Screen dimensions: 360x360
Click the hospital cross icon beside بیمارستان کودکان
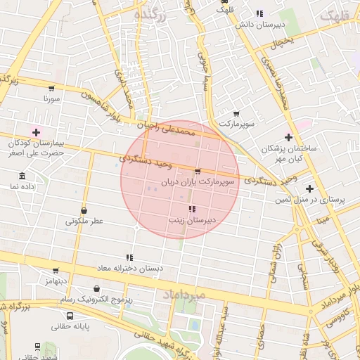coord(36,131)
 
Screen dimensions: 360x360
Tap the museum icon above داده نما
coord(22,176)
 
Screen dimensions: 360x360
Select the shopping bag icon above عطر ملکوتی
coord(84,210)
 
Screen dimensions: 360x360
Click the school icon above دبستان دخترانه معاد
coord(129,258)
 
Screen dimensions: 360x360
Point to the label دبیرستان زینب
coord(191,220)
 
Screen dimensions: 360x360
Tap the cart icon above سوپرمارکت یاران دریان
coord(197,171)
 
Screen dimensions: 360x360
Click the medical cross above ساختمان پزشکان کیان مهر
coord(288,137)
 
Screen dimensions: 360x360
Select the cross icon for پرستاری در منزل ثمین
coord(309,188)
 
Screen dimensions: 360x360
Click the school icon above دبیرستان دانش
coord(259,13)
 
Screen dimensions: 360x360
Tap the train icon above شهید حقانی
coord(37,347)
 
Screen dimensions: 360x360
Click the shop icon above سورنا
coord(51,89)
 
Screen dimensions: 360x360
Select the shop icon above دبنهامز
coord(56,270)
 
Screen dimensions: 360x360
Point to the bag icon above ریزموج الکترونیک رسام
coord(96,288)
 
